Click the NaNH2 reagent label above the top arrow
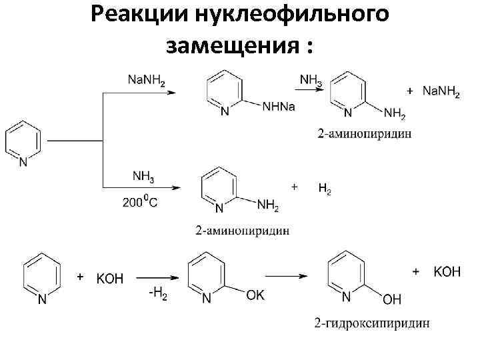pyautogui.click(x=147, y=81)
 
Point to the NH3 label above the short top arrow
pyautogui.click(x=311, y=80)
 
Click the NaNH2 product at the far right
pyautogui.click(x=441, y=92)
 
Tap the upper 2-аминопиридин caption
pyautogui.click(x=365, y=133)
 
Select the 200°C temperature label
pyautogui.click(x=140, y=203)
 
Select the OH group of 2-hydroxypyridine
pyautogui.click(x=392, y=300)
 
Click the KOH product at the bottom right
pyautogui.click(x=447, y=272)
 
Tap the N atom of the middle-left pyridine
pyautogui.click(x=23, y=162)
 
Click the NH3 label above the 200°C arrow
pyautogui.click(x=143, y=177)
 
